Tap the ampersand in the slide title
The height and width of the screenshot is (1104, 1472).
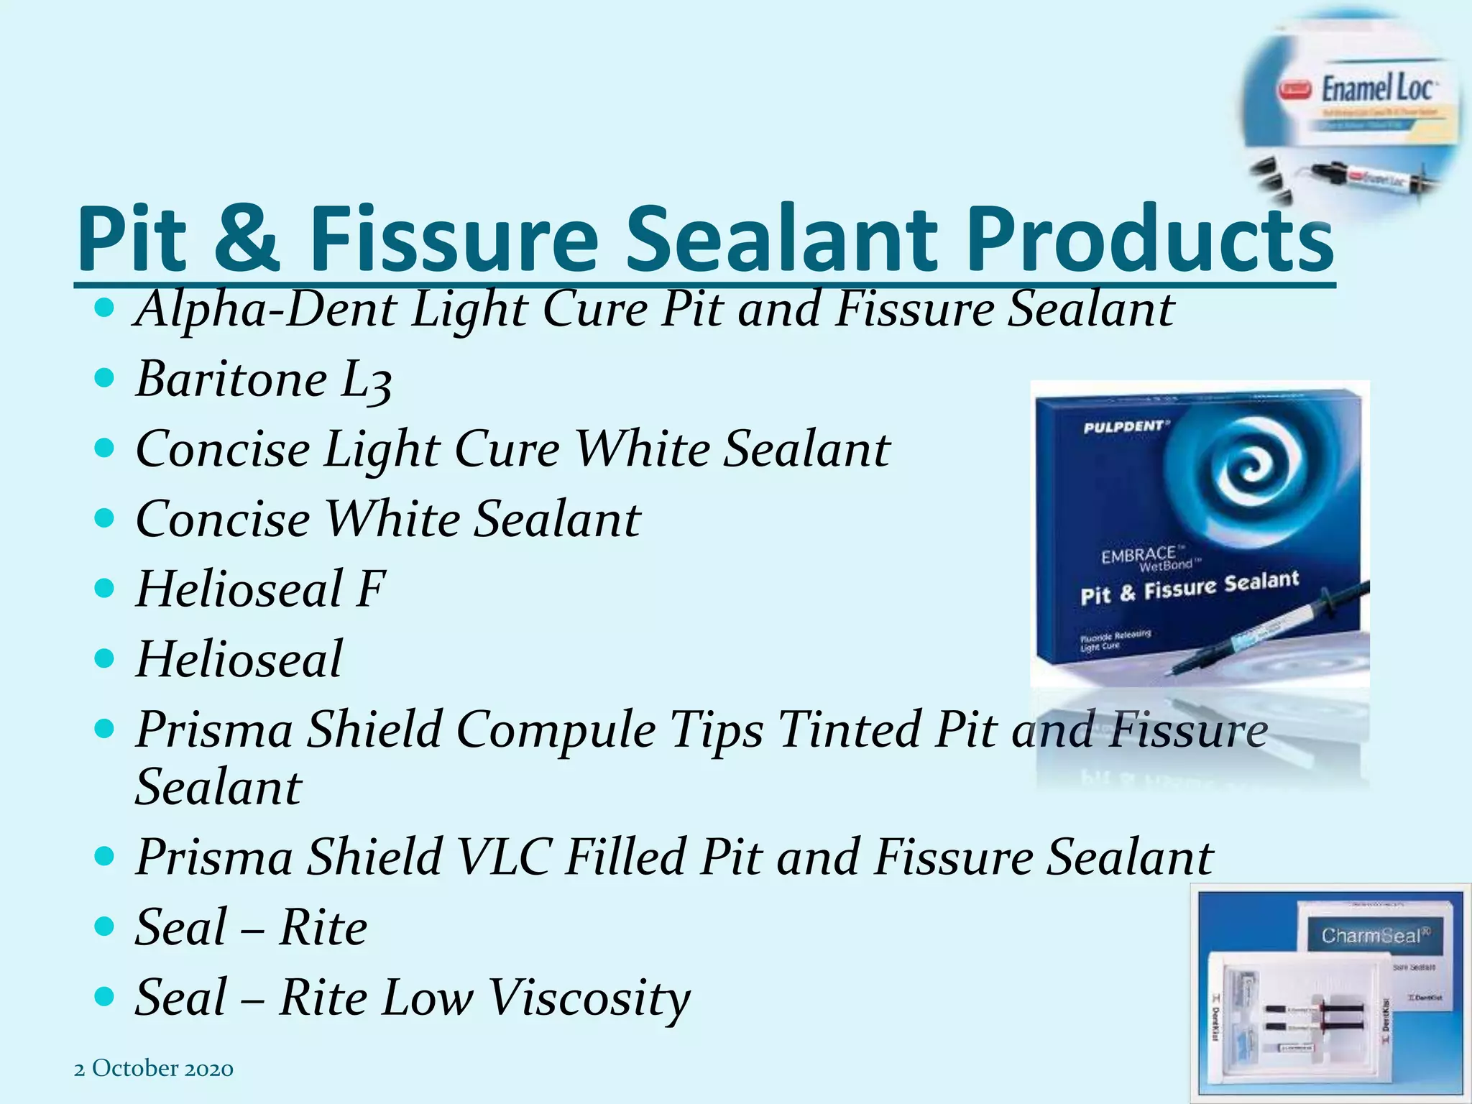tap(246, 239)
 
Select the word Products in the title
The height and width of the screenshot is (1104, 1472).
tap(1150, 239)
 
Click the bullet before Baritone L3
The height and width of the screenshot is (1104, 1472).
tap(105, 378)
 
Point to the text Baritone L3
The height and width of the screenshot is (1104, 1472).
tap(264, 379)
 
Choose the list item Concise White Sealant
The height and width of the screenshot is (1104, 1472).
tap(387, 519)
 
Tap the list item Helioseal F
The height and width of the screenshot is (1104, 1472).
tap(260, 589)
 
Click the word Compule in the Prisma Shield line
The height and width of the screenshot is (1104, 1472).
tap(556, 730)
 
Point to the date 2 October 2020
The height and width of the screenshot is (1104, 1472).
tap(154, 1069)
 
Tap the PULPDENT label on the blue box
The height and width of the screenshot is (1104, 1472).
tap(1126, 427)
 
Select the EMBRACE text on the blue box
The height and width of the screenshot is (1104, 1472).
tap(1139, 555)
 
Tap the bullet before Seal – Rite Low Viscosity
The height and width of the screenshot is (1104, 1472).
tap(105, 996)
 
